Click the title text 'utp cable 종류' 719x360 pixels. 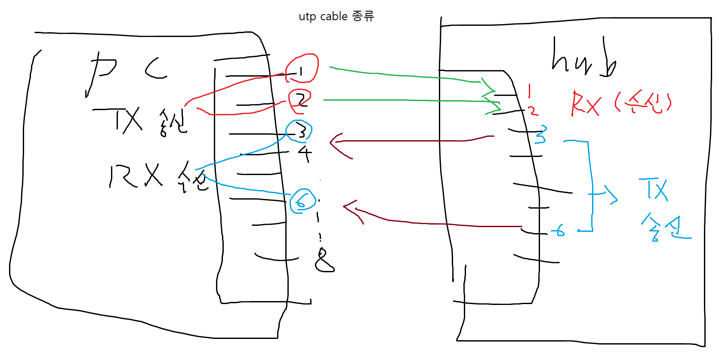(x=336, y=16)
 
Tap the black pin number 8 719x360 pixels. (x=324, y=260)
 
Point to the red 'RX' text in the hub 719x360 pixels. (x=585, y=104)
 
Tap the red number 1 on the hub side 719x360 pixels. (x=530, y=91)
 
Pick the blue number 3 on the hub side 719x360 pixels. (x=540, y=135)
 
